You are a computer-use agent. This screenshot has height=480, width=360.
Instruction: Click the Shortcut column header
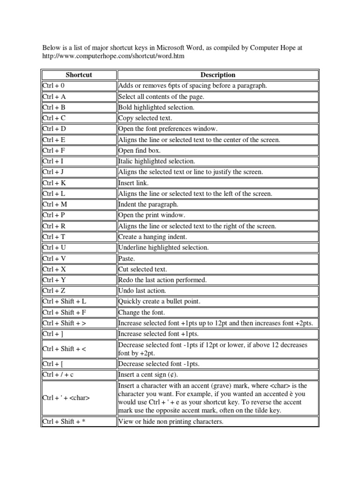[x=79, y=75]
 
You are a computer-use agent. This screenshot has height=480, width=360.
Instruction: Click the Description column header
[x=217, y=75]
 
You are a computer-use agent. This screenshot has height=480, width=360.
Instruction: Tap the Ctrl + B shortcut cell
[x=53, y=107]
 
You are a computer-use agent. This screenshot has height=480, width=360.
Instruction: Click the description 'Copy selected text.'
[x=145, y=118]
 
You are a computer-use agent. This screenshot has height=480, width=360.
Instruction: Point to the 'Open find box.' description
[x=139, y=150]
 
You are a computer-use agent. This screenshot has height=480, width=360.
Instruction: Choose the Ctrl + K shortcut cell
[x=54, y=183]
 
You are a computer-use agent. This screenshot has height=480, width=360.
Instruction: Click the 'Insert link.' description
[x=133, y=183]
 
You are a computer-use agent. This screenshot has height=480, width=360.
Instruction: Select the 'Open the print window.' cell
[x=151, y=215]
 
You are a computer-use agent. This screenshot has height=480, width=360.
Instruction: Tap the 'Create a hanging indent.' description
[x=152, y=237]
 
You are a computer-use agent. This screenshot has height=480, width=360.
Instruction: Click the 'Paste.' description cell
[x=127, y=258]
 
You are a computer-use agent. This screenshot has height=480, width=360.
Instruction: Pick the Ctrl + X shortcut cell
[x=54, y=269]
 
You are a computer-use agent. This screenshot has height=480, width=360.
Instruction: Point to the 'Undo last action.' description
[x=142, y=291]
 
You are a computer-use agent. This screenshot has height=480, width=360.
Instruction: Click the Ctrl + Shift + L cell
[x=64, y=301]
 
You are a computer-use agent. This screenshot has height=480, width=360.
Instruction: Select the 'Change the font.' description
[x=142, y=312]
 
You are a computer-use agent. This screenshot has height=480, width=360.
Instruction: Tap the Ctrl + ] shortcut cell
[x=52, y=334]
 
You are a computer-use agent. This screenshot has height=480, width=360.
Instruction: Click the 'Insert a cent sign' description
[x=148, y=375]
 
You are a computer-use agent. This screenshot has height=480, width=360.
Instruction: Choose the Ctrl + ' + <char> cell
[x=66, y=398]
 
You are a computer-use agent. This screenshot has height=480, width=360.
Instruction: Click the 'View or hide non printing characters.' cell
[x=171, y=421]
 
